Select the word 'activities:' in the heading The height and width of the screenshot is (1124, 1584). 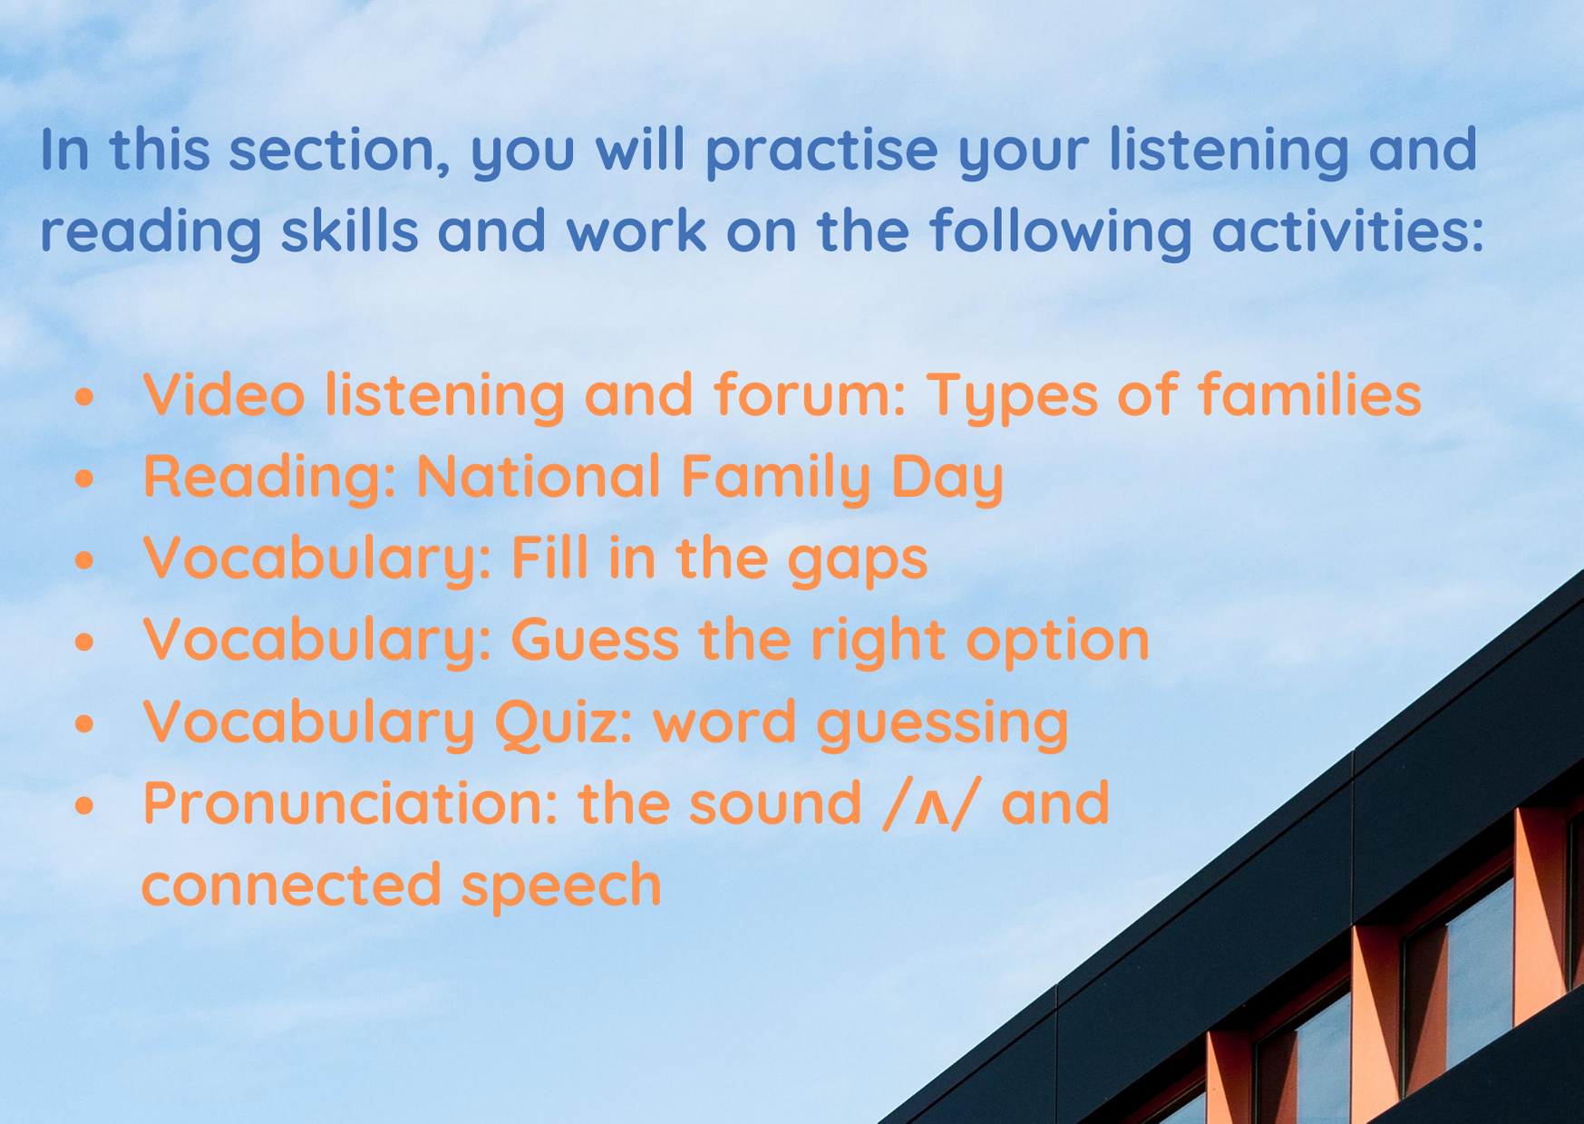click(1348, 231)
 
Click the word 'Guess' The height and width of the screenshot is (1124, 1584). click(595, 639)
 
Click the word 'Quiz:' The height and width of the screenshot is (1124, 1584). click(563, 722)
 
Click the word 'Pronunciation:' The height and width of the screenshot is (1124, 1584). click(351, 802)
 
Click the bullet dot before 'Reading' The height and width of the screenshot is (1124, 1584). click(84, 478)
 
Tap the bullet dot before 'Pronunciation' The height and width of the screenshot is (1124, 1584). click(84, 805)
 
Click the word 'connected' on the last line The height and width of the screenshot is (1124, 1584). click(292, 884)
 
